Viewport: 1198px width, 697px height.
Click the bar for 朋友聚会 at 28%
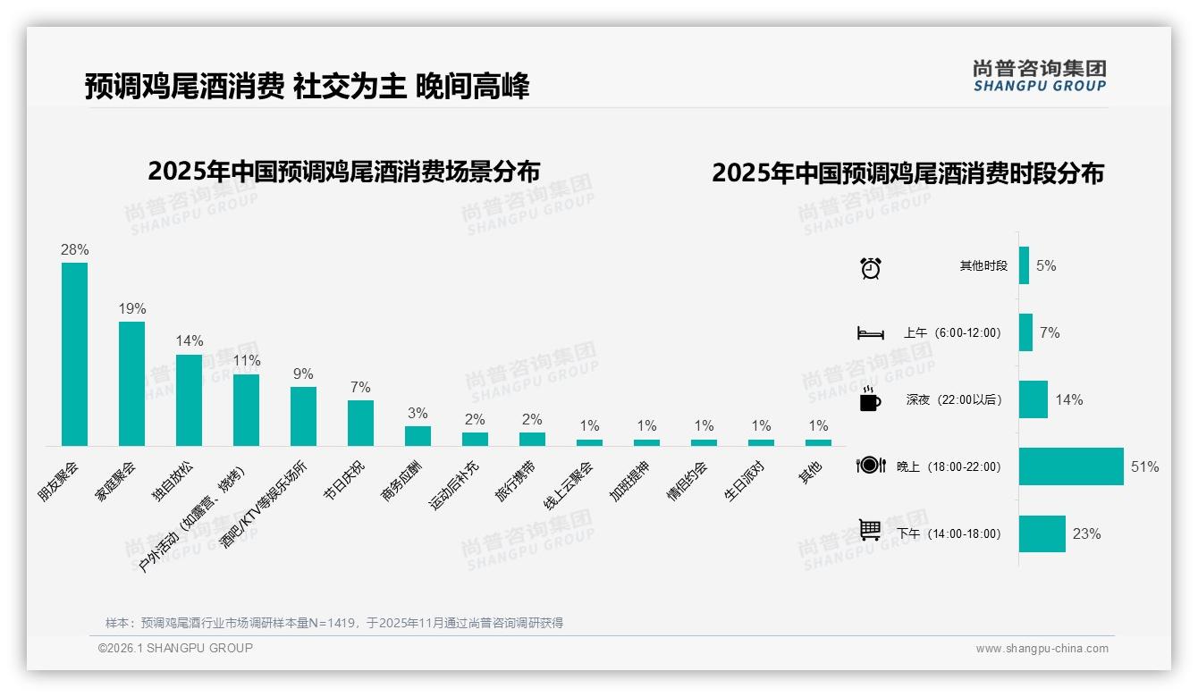coord(74,354)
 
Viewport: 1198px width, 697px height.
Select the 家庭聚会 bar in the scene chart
coord(131,383)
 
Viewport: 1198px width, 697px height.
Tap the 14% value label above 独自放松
coord(190,340)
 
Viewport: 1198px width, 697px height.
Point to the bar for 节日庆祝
coord(360,423)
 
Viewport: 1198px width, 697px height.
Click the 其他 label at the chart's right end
coord(811,473)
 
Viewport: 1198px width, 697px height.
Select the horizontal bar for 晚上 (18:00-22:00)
coord(1071,466)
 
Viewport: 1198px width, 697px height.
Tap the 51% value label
coord(1144,466)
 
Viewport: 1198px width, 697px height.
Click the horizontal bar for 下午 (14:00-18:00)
coord(1042,533)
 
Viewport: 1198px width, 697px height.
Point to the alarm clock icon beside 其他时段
coord(871,267)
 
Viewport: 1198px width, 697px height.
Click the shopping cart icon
coord(870,531)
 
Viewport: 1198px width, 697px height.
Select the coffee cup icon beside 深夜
coord(870,399)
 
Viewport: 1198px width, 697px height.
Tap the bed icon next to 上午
coord(870,333)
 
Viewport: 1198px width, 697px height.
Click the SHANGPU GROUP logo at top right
coord(1040,75)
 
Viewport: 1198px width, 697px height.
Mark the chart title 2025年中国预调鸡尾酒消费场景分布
coord(344,171)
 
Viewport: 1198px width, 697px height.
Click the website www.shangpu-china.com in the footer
coord(1042,649)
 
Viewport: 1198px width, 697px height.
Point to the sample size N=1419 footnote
coord(333,622)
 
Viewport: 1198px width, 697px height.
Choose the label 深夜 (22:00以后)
coord(953,399)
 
